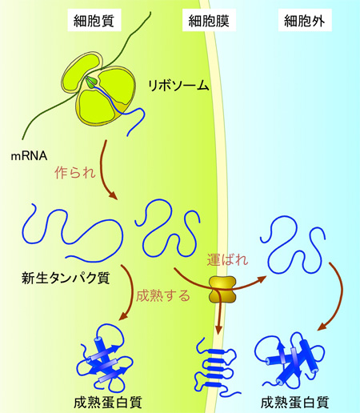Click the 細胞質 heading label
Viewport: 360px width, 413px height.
tap(94, 21)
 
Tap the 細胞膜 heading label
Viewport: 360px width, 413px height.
tap(209, 21)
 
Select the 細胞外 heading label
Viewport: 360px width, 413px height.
tap(305, 21)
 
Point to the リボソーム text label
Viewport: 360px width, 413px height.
tap(178, 86)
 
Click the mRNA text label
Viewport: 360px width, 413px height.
tap(29, 156)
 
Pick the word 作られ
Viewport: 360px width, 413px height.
tap(75, 172)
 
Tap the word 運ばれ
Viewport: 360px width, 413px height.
tap(227, 259)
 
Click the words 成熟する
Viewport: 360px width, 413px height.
tap(163, 295)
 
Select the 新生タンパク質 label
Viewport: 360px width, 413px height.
tap(66, 279)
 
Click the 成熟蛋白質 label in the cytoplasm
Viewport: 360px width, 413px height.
tap(108, 403)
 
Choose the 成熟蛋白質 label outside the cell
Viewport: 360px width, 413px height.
tap(294, 403)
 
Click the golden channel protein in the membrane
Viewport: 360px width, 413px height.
tap(222, 290)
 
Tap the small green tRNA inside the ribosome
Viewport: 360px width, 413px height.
tap(91, 82)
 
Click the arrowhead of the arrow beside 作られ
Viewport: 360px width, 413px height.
tap(113, 195)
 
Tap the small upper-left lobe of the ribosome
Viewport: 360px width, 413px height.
tap(81, 72)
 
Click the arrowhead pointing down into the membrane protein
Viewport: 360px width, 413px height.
tap(218, 330)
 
